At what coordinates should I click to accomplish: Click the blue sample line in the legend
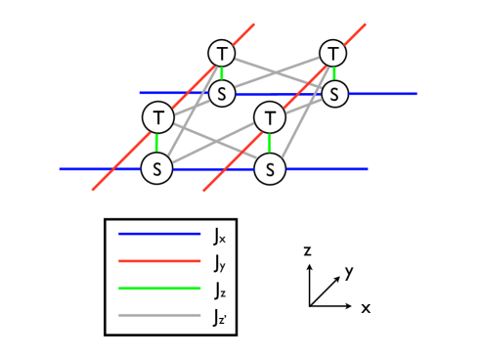click(158, 235)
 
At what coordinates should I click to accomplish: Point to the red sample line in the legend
click(158, 262)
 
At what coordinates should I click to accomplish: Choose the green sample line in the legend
click(158, 289)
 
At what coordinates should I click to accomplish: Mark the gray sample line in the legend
click(158, 315)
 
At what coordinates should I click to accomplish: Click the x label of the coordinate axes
click(366, 307)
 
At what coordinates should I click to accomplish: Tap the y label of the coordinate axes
click(348, 272)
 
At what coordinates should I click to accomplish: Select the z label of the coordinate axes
click(308, 251)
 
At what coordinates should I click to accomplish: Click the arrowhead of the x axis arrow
click(353, 306)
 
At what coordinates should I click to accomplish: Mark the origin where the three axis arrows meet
click(309, 306)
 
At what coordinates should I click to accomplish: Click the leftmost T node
click(157, 117)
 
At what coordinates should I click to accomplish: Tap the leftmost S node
click(156, 168)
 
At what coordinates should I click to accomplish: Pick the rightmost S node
click(335, 94)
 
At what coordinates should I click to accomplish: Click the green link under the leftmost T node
click(156, 143)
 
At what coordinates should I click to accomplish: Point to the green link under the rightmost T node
click(334, 73)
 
